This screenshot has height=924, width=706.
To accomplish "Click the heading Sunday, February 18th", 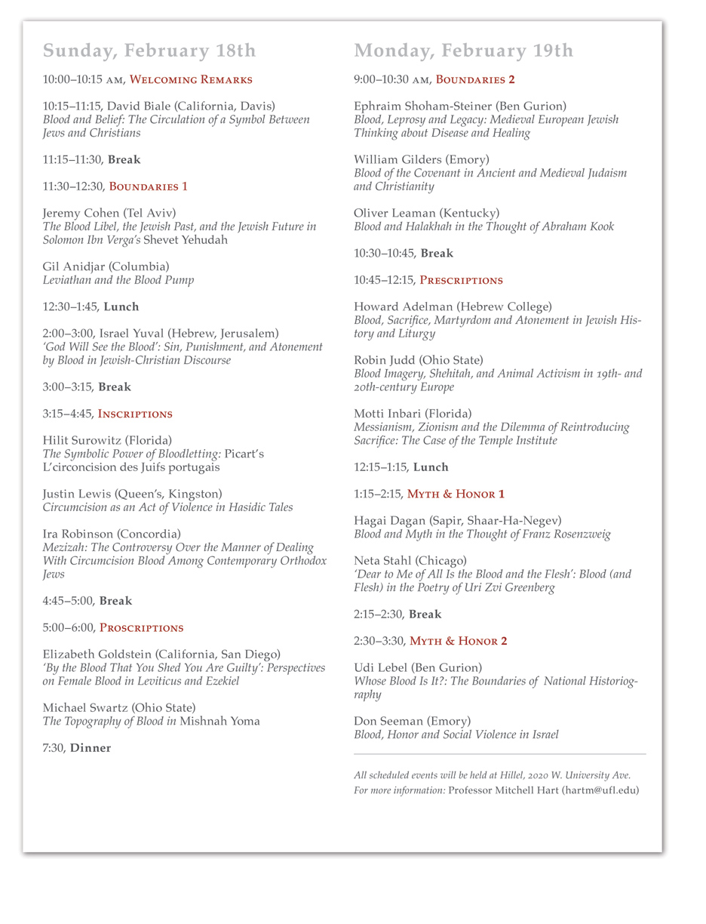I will [149, 51].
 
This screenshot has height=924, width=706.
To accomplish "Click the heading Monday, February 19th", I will [463, 51].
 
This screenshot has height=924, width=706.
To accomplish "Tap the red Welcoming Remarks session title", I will [191, 79].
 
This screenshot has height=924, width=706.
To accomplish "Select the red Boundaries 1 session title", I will [148, 186].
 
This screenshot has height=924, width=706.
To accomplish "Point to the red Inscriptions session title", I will [135, 414].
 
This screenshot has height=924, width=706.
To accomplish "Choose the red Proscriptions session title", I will [141, 628].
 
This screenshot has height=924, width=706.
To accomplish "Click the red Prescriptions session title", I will [461, 280].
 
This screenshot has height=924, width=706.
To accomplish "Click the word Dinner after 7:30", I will [91, 748].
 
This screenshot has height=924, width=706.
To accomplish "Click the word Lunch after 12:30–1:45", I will [121, 306].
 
